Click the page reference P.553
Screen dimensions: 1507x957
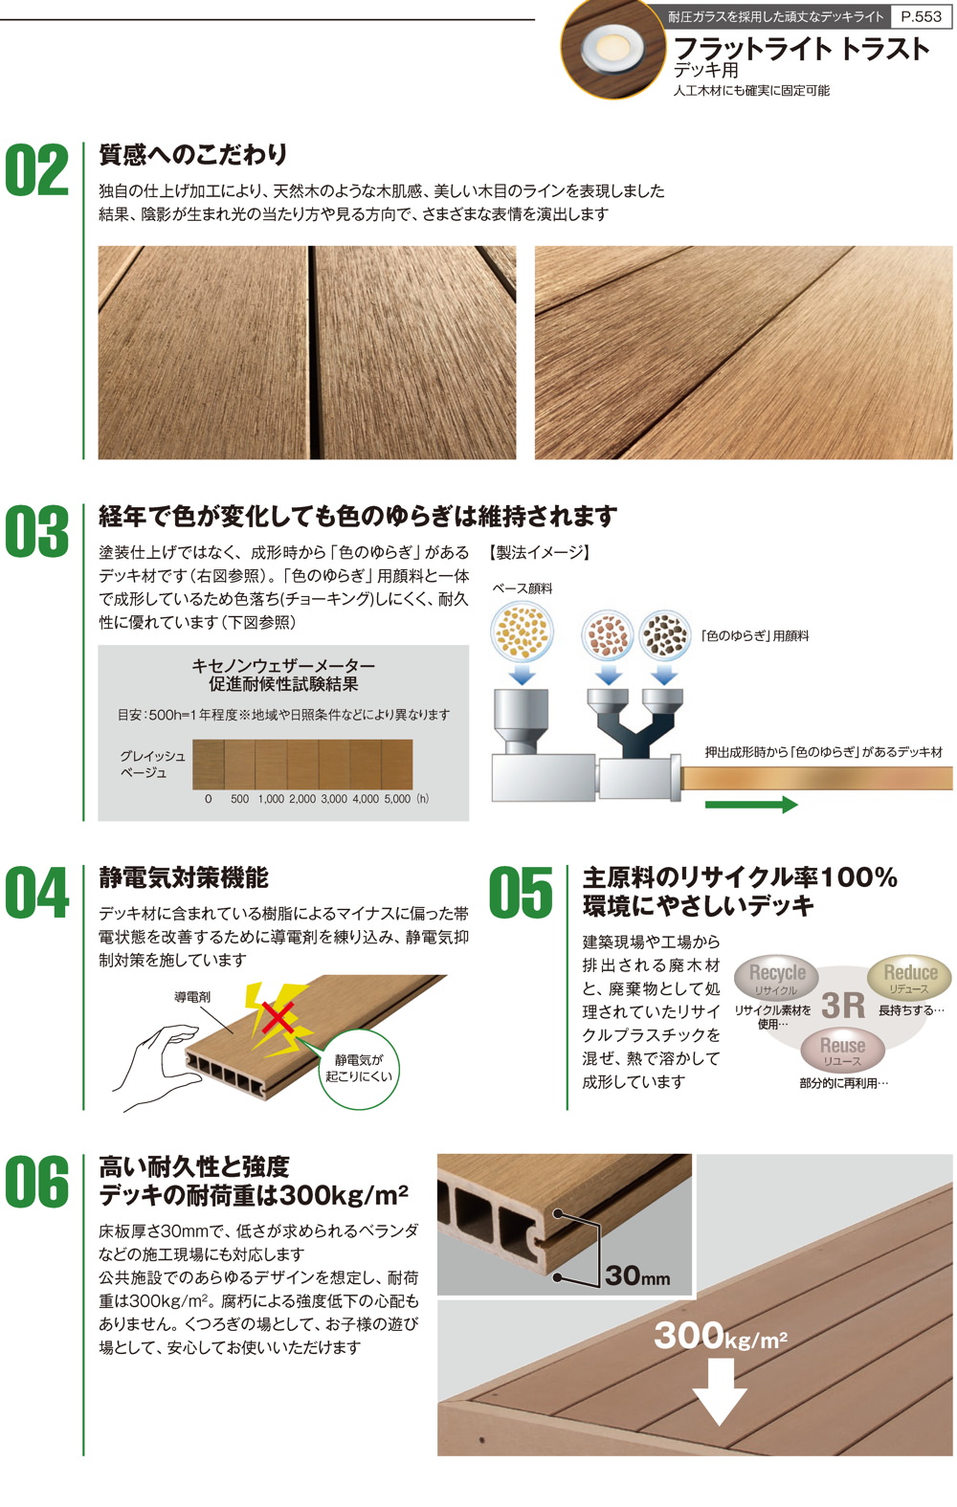point(922,16)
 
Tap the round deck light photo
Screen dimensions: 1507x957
point(609,48)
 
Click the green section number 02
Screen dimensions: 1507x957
point(37,171)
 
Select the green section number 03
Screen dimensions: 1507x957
point(37,532)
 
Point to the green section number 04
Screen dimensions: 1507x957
point(37,894)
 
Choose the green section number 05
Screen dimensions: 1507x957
point(521,894)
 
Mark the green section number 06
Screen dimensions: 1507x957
point(37,1183)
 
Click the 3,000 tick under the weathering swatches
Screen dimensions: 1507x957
point(334,799)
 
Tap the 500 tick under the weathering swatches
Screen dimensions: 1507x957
point(239,799)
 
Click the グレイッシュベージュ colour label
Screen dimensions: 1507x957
point(152,765)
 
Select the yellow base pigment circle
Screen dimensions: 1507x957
point(522,632)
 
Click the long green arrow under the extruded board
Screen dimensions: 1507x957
point(750,805)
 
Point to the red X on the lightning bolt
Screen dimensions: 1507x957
point(278,1017)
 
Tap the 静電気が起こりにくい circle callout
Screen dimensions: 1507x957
point(358,1069)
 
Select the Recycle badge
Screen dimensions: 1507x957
point(776,978)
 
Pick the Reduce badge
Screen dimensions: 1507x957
point(909,977)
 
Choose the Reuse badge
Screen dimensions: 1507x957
point(842,1051)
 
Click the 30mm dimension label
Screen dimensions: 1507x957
point(637,1275)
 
